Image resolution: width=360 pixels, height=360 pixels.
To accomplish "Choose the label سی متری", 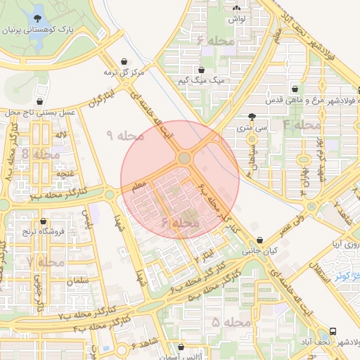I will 252,129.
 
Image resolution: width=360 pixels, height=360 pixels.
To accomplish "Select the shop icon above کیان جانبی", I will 260,240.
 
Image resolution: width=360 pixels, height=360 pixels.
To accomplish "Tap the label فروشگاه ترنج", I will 43,231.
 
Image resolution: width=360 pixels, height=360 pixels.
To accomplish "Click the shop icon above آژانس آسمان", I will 182,347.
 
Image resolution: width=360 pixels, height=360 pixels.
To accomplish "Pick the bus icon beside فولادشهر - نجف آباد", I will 333,330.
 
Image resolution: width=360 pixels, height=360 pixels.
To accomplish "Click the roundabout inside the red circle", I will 184,158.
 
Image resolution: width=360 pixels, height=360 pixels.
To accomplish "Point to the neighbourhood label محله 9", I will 124,135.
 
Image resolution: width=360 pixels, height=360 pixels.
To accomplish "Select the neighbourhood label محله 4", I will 302,124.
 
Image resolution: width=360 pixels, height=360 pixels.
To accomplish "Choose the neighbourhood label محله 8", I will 40,153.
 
